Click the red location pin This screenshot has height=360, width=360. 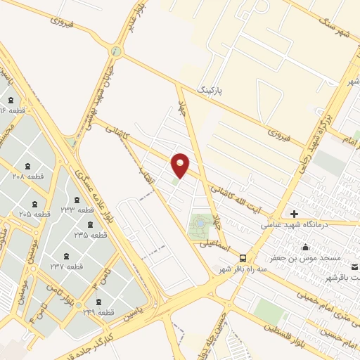tap(181, 165)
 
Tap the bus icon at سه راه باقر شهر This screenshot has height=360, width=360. tap(243, 258)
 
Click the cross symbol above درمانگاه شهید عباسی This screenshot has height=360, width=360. tap(294, 214)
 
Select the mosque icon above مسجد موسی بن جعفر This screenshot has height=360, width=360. tap(305, 247)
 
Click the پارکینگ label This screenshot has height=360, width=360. tap(214, 91)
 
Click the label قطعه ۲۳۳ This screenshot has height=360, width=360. tap(77, 210)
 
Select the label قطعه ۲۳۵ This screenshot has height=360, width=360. tap(91, 234)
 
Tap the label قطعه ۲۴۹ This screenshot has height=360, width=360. tap(98, 311)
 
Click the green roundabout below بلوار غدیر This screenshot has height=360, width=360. tap(117, 51)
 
